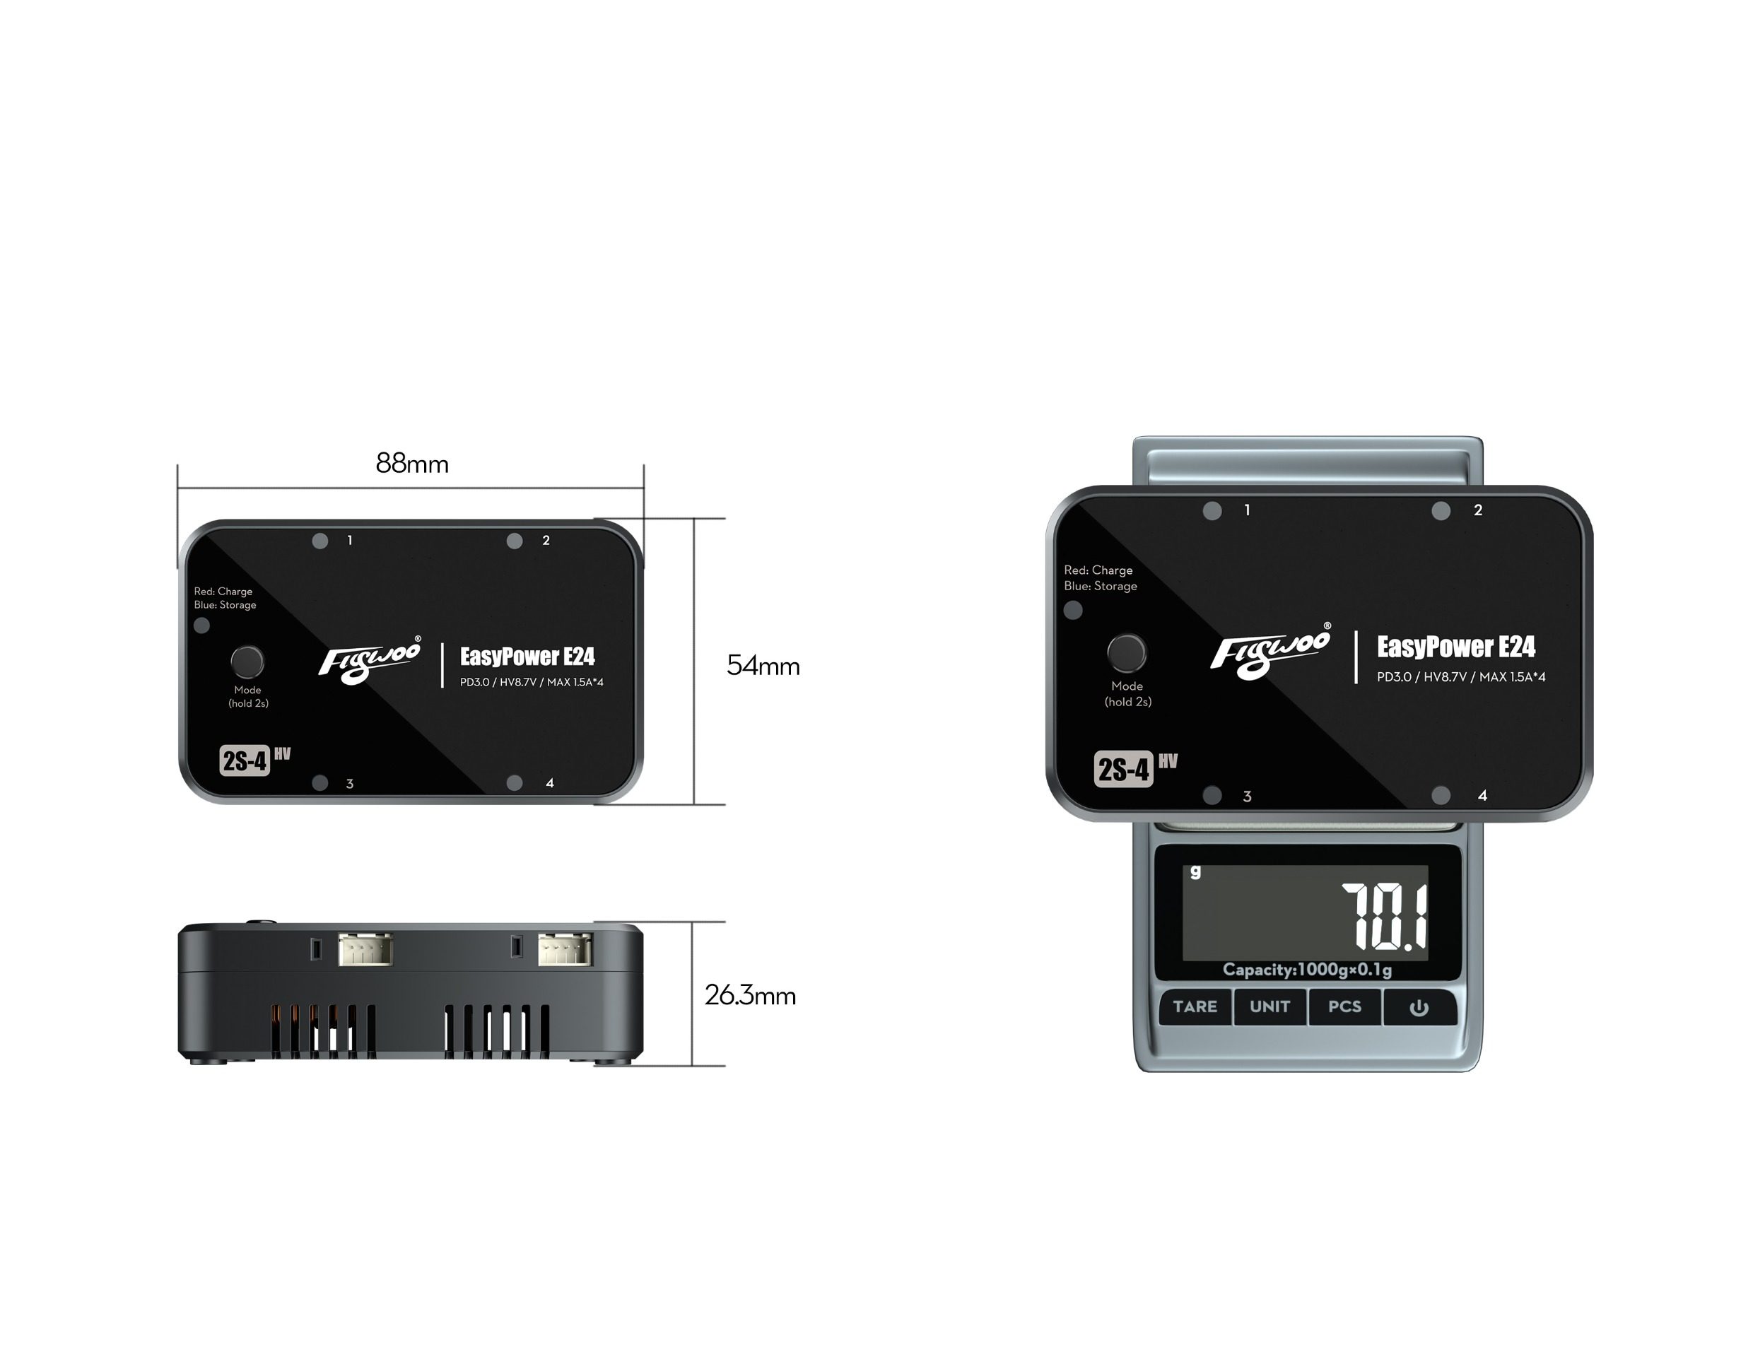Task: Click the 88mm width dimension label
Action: pyautogui.click(x=412, y=464)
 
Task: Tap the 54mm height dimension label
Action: pyautogui.click(x=763, y=666)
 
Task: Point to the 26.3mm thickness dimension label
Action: pyautogui.click(x=750, y=996)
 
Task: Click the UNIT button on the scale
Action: pyautogui.click(x=1269, y=1007)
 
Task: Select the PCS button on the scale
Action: pyautogui.click(x=1344, y=1007)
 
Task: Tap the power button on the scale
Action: pyautogui.click(x=1418, y=1008)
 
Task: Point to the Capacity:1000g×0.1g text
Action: pyautogui.click(x=1307, y=970)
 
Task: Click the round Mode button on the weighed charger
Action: pyautogui.click(x=1126, y=653)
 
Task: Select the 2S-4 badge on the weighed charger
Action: pyautogui.click(x=1124, y=770)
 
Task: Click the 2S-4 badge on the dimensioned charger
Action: pyautogui.click(x=244, y=760)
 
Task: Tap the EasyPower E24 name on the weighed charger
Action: pyautogui.click(x=1455, y=647)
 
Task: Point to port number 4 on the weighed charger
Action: pyautogui.click(x=1482, y=796)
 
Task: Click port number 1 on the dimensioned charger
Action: pyautogui.click(x=349, y=541)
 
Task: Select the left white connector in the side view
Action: pyautogui.click(x=365, y=949)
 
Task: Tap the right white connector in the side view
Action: pyautogui.click(x=565, y=949)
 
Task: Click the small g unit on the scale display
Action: pyautogui.click(x=1195, y=871)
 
